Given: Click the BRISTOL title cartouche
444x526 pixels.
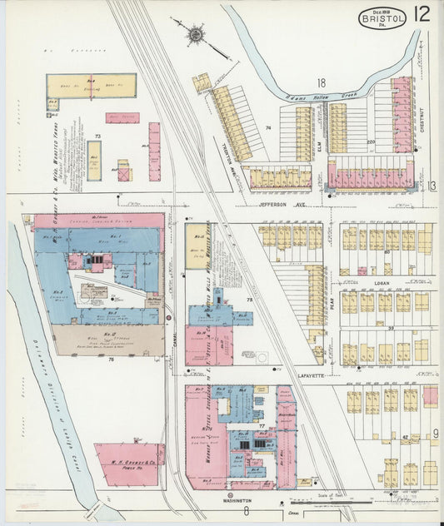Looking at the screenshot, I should click(x=382, y=17).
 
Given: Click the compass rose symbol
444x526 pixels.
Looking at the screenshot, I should click(x=197, y=34).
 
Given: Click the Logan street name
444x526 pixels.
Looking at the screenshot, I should click(x=382, y=283).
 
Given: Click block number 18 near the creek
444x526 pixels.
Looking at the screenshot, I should click(x=320, y=82).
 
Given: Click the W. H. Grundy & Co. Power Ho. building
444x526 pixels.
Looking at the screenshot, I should click(x=129, y=464).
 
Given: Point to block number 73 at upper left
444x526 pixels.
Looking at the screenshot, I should click(x=97, y=135).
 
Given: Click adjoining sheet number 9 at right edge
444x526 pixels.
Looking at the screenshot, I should click(x=435, y=433).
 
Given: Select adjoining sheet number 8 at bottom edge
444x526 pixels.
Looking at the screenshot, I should click(x=246, y=511).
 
